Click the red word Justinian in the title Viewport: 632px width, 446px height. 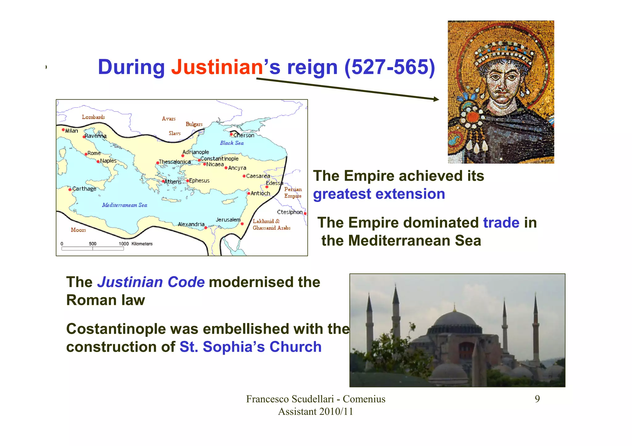tap(217, 67)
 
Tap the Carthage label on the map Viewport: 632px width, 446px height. tap(84, 189)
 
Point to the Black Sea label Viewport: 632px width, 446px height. tap(232, 143)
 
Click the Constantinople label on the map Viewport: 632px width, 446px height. tap(219, 159)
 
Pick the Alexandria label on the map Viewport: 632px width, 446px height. tap(191, 224)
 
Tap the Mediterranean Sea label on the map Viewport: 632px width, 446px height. tap(125, 205)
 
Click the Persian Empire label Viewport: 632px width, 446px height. tap(293, 193)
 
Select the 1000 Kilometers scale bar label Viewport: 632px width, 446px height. tap(135, 244)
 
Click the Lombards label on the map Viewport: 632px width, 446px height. tap(93, 117)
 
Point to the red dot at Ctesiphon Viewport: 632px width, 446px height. tap(305, 214)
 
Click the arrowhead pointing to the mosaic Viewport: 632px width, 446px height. tap(436, 99)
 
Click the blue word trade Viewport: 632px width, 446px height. tap(501, 223)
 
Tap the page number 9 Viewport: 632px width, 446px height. tap(537, 399)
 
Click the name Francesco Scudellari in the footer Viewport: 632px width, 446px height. tap(290, 399)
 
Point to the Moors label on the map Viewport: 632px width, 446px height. tap(78, 230)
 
